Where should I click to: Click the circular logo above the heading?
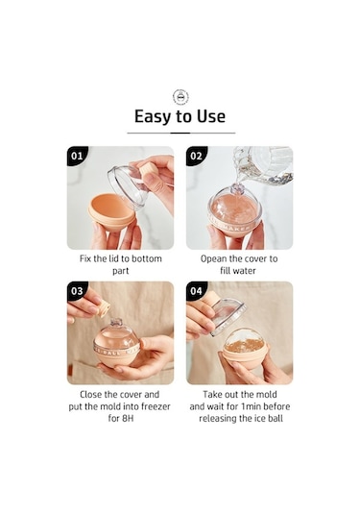(x=180, y=97)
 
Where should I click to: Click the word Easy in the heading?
(x=153, y=116)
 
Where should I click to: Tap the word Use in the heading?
(x=211, y=116)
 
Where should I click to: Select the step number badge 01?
(x=78, y=156)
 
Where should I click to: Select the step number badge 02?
(x=197, y=156)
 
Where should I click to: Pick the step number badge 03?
(x=78, y=291)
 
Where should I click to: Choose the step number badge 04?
(x=197, y=291)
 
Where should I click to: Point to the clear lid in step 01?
(x=128, y=186)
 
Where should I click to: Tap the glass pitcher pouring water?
(x=264, y=164)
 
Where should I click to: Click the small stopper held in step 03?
(x=104, y=308)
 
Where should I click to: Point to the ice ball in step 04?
(x=244, y=342)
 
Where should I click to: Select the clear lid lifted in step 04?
(x=228, y=316)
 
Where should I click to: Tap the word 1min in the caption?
(x=251, y=406)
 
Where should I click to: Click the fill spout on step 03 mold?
(x=116, y=321)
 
